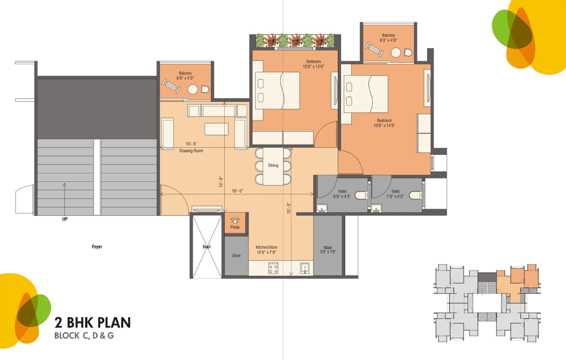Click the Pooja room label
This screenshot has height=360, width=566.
235,227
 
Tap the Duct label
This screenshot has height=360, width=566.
206,247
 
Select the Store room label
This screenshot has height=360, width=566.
236,255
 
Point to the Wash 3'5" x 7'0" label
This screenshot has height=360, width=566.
328,250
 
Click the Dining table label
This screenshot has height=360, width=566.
273,165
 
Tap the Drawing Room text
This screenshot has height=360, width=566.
191,151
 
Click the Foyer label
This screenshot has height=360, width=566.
97,247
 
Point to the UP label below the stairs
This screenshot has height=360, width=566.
65,219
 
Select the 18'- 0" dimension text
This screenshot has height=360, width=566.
238,191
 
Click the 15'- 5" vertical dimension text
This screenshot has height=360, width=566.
289,208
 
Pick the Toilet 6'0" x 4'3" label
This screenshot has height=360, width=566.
342,194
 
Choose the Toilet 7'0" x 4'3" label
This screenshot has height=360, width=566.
395,194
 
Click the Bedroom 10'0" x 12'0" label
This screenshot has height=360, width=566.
314,64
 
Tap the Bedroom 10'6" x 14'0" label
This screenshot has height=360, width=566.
384,123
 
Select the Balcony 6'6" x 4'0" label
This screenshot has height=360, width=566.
185,75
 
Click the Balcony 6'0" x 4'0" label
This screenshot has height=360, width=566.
389,38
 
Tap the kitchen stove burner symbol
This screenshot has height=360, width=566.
273,268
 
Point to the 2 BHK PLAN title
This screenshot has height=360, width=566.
93,322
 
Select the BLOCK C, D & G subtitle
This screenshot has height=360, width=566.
84,336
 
